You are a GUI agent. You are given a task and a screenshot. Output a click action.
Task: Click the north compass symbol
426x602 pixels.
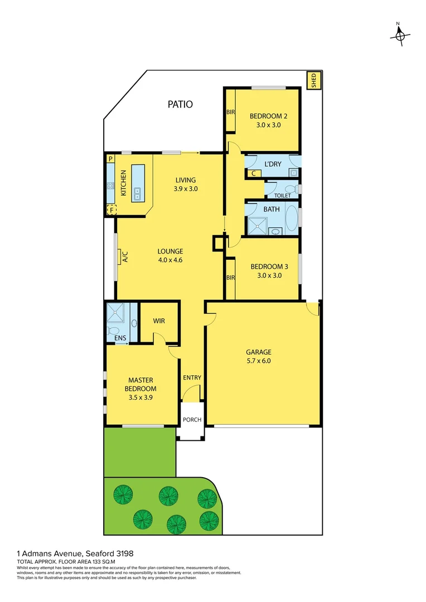pyautogui.click(x=399, y=35)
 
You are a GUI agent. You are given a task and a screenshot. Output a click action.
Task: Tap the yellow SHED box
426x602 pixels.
pyautogui.click(x=314, y=81)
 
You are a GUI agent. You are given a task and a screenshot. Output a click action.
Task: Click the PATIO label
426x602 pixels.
pyautogui.click(x=180, y=104)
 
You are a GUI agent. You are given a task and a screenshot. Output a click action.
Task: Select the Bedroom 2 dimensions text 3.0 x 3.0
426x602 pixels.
pyautogui.click(x=268, y=125)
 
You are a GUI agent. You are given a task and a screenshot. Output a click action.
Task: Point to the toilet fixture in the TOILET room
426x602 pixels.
pyautogui.click(x=289, y=189)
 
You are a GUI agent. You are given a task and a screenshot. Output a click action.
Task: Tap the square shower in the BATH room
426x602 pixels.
pyautogui.click(x=256, y=225)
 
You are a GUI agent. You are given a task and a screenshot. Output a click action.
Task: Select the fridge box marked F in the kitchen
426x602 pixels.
pyautogui.click(x=112, y=210)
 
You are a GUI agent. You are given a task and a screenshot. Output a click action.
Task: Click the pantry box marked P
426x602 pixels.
pyautogui.click(x=110, y=159)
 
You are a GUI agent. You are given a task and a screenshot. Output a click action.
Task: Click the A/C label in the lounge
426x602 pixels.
pyautogui.click(x=125, y=258)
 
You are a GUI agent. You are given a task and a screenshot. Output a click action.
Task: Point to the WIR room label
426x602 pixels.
pyautogui.click(x=159, y=322)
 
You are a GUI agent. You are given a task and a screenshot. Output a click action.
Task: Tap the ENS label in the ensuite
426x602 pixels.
pyautogui.click(x=120, y=338)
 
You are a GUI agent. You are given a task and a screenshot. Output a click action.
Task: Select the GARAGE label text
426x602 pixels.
pyautogui.click(x=259, y=352)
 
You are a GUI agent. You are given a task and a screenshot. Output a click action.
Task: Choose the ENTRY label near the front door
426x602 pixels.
pyautogui.click(x=192, y=377)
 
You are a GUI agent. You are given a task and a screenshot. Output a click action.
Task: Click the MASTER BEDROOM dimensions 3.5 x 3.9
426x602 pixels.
pyautogui.click(x=140, y=398)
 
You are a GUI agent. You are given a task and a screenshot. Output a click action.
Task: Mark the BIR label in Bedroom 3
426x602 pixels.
pyautogui.click(x=230, y=277)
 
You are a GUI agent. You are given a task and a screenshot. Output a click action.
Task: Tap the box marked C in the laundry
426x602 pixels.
pyautogui.click(x=254, y=173)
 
